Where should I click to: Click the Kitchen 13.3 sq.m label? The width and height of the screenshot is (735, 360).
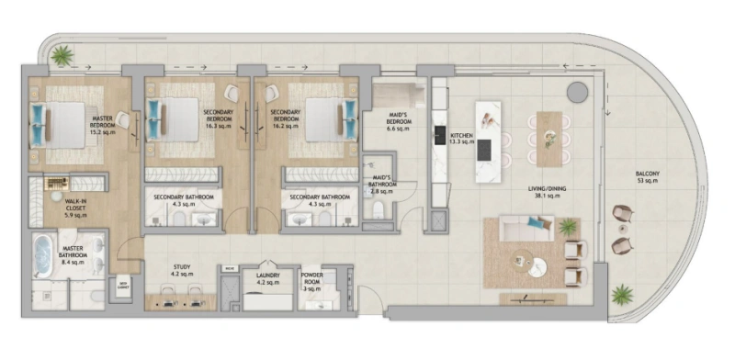pyautogui.click(x=461, y=138)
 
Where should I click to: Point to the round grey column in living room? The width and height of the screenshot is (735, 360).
pyautogui.click(x=577, y=91)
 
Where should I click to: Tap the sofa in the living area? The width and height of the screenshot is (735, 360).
pyautogui.click(x=526, y=229)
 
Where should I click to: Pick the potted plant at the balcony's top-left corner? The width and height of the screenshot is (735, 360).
pyautogui.click(x=62, y=57)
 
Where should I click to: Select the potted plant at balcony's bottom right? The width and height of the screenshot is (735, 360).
pyautogui.click(x=623, y=297)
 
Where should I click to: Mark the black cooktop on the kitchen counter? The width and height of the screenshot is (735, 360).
pyautogui.click(x=440, y=136)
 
